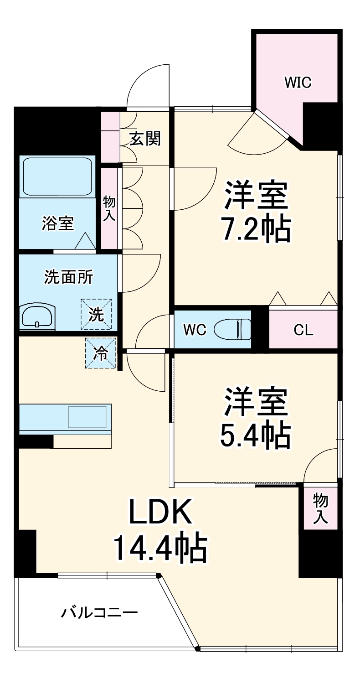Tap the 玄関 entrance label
(145, 138)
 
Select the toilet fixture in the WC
(233, 329)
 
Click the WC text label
(195, 330)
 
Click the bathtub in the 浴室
(57, 177)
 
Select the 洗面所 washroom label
(68, 277)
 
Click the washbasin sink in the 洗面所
(37, 316)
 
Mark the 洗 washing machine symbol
(96, 314)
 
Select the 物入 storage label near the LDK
(320, 508)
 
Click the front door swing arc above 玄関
(148, 87)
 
